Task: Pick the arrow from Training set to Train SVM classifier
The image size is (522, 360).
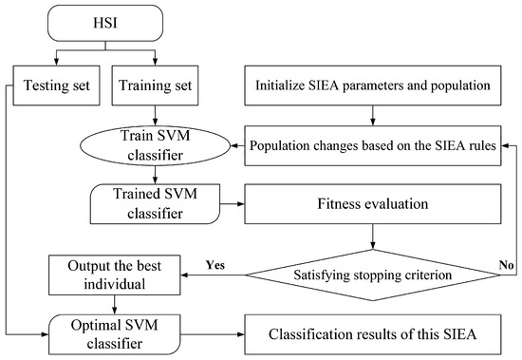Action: [x=155, y=117]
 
